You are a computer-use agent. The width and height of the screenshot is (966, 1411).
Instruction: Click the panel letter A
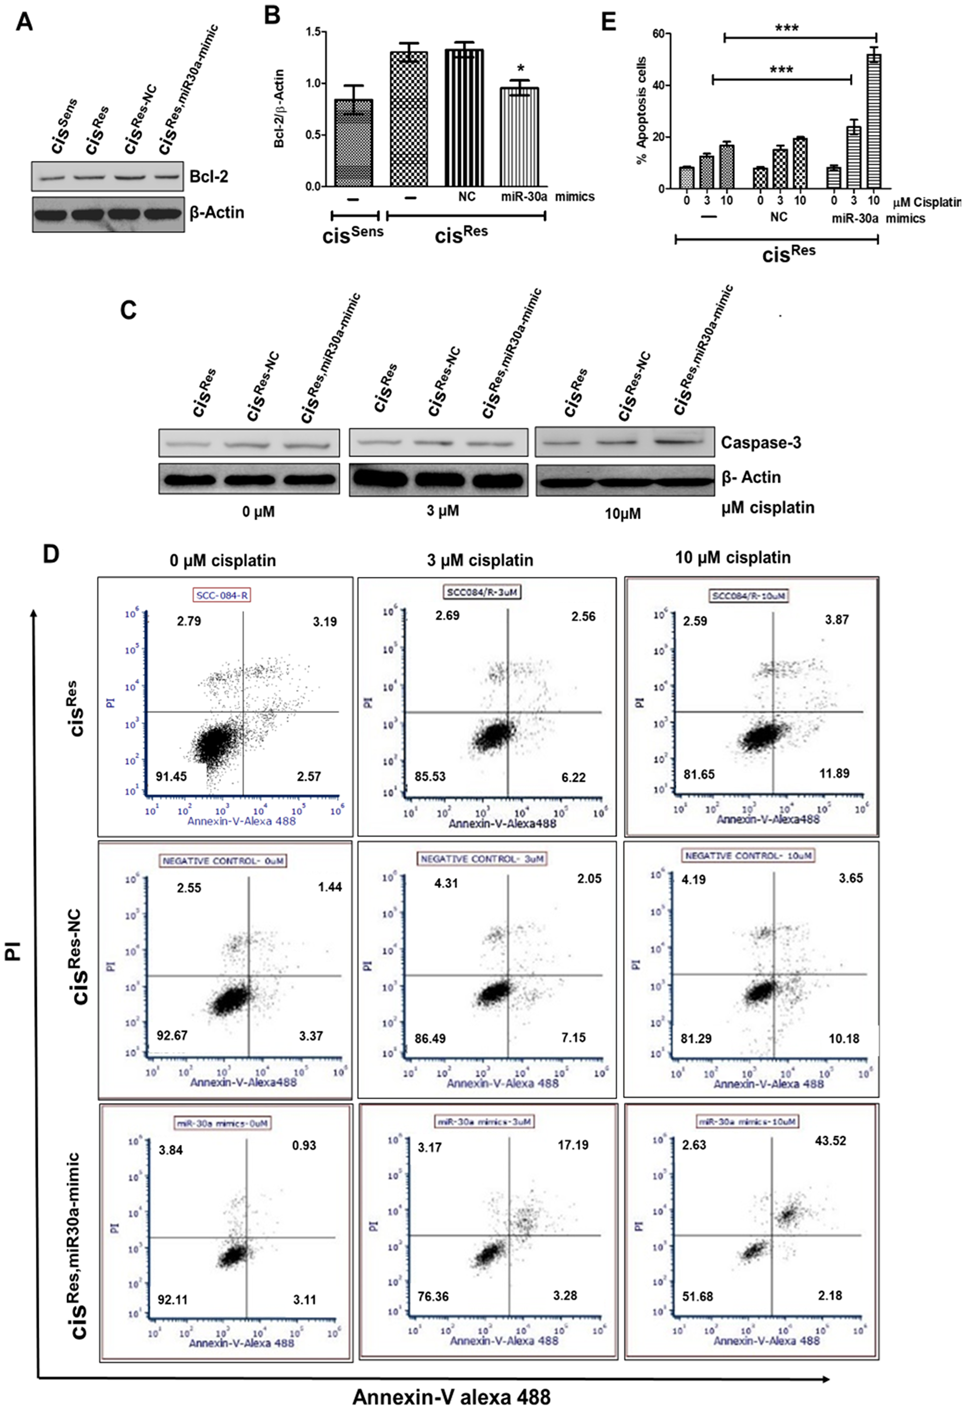click(24, 23)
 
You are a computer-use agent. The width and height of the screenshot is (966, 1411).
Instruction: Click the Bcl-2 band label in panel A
click(208, 177)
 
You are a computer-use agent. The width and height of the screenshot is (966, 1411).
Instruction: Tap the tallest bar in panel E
click(874, 121)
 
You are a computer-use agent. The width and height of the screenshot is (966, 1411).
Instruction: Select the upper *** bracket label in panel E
click(786, 28)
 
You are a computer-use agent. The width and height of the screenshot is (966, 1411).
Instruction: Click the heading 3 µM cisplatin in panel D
click(480, 560)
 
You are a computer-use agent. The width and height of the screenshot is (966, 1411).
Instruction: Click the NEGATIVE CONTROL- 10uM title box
click(749, 856)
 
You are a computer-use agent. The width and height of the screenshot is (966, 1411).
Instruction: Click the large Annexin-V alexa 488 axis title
click(451, 1397)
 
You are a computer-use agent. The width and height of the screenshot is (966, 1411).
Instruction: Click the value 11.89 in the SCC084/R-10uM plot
click(834, 773)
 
